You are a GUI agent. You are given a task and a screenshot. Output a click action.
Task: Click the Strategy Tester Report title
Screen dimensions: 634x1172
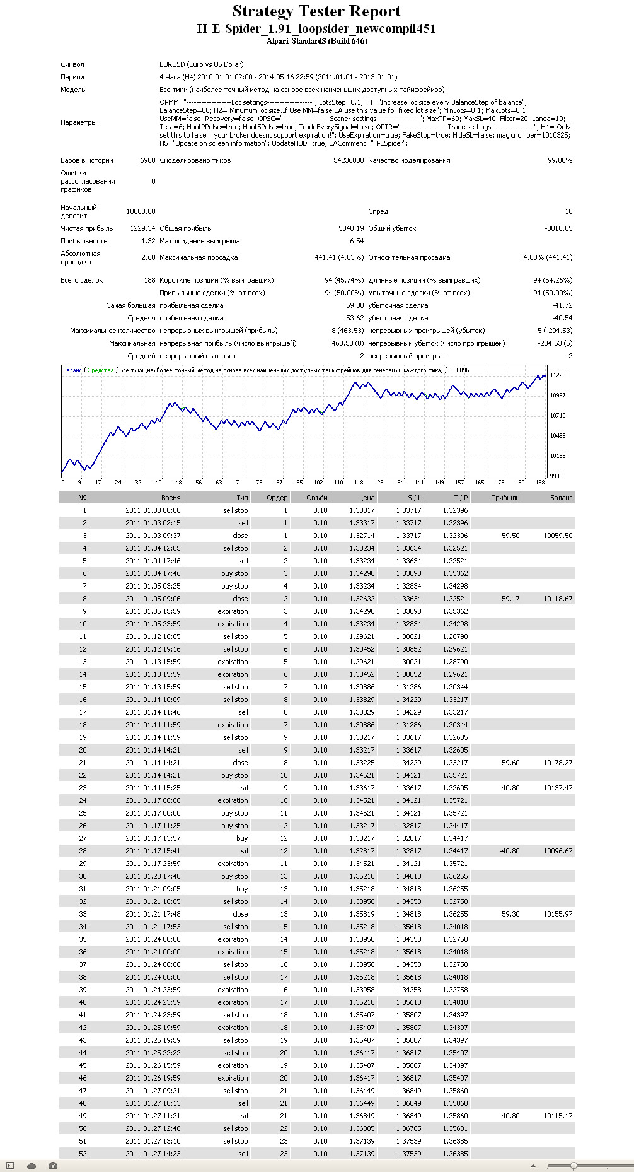(x=316, y=11)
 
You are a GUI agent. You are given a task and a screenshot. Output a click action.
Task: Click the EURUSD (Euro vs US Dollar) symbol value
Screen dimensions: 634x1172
(x=202, y=64)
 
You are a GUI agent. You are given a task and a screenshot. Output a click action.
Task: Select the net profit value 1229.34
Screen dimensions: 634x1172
(x=142, y=228)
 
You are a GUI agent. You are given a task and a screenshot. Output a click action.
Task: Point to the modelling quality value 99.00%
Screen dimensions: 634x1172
(x=560, y=160)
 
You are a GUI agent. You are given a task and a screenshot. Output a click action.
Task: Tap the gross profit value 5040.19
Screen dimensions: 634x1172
(x=351, y=228)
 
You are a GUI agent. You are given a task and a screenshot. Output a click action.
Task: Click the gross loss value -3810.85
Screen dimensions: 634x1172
(x=558, y=228)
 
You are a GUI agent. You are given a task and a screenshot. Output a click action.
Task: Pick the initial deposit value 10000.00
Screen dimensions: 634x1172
(x=141, y=211)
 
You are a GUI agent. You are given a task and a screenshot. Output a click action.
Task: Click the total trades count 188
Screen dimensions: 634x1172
(x=149, y=280)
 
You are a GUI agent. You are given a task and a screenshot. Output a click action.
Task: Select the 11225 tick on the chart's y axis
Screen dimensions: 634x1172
(x=558, y=375)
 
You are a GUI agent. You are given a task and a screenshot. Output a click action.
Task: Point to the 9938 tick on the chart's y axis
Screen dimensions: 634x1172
(x=556, y=476)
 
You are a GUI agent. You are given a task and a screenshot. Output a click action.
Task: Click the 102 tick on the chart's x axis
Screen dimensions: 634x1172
(x=318, y=483)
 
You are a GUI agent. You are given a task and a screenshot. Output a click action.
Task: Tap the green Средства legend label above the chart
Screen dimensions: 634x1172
(x=101, y=370)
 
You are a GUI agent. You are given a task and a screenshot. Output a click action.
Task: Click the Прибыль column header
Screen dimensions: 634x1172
(x=505, y=498)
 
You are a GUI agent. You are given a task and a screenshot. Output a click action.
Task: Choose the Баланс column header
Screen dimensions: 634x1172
(x=561, y=498)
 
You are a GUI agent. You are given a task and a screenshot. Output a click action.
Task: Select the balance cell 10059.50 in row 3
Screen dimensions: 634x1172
(x=558, y=536)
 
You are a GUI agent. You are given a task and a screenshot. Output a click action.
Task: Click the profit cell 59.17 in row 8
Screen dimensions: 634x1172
(x=510, y=599)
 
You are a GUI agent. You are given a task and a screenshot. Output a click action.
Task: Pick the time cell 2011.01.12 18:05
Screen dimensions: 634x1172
(x=153, y=636)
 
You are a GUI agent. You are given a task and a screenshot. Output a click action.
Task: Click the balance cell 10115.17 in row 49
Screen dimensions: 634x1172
(x=558, y=1116)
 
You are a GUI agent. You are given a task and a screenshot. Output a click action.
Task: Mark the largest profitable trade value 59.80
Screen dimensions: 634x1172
(x=355, y=305)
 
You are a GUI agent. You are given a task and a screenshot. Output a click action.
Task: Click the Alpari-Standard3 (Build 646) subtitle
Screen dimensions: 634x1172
(x=316, y=41)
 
